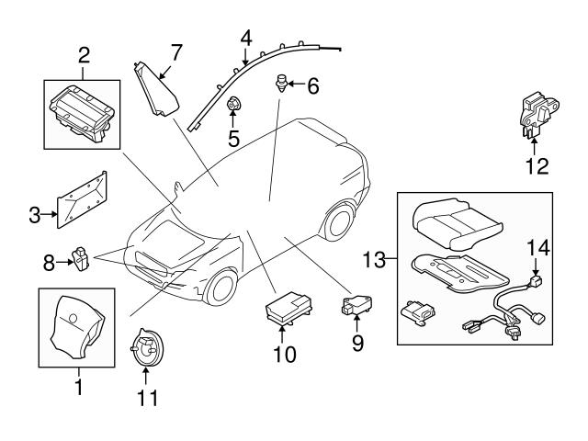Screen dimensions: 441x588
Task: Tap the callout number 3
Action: (34, 217)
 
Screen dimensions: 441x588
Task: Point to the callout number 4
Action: (245, 38)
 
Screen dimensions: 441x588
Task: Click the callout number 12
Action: (537, 166)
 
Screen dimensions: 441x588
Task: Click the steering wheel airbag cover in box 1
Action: (76, 326)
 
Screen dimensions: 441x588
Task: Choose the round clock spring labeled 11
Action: (146, 349)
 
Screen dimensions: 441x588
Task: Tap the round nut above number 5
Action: (233, 104)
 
